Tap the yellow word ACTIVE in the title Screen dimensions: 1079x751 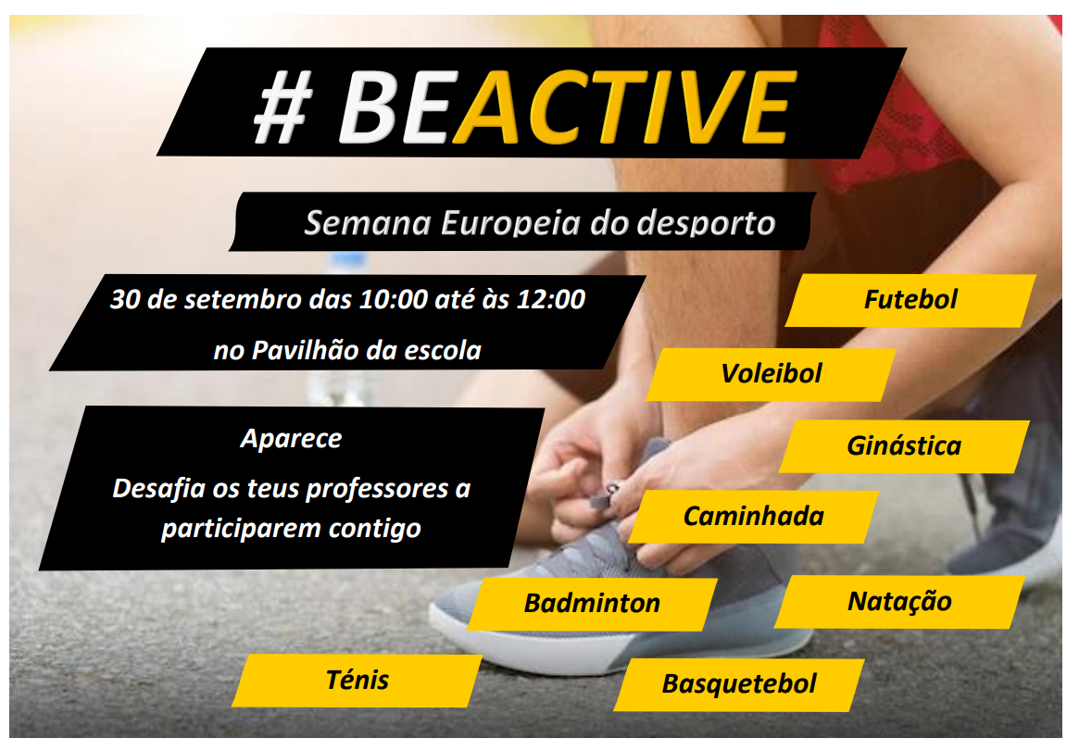[624, 108]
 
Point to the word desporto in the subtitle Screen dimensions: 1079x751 [706, 224]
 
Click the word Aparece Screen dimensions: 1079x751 [291, 439]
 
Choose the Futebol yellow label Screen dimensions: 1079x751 [910, 301]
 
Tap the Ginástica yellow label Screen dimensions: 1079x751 [904, 446]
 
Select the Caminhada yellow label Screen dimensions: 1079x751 [754, 517]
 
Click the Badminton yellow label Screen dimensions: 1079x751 [592, 604]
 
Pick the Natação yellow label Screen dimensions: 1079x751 [899, 602]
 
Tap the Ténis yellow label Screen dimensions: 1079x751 [358, 681]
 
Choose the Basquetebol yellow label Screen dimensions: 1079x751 [739, 685]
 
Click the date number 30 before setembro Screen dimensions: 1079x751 [125, 300]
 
